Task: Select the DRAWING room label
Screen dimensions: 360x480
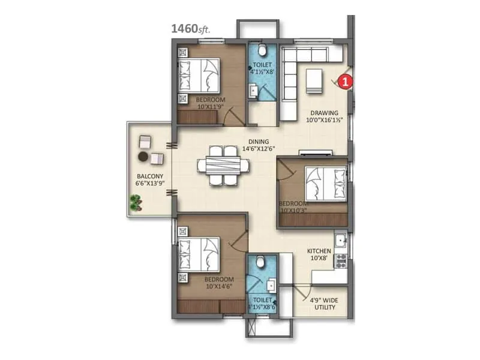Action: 324,112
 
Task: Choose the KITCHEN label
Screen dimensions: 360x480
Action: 319,251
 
